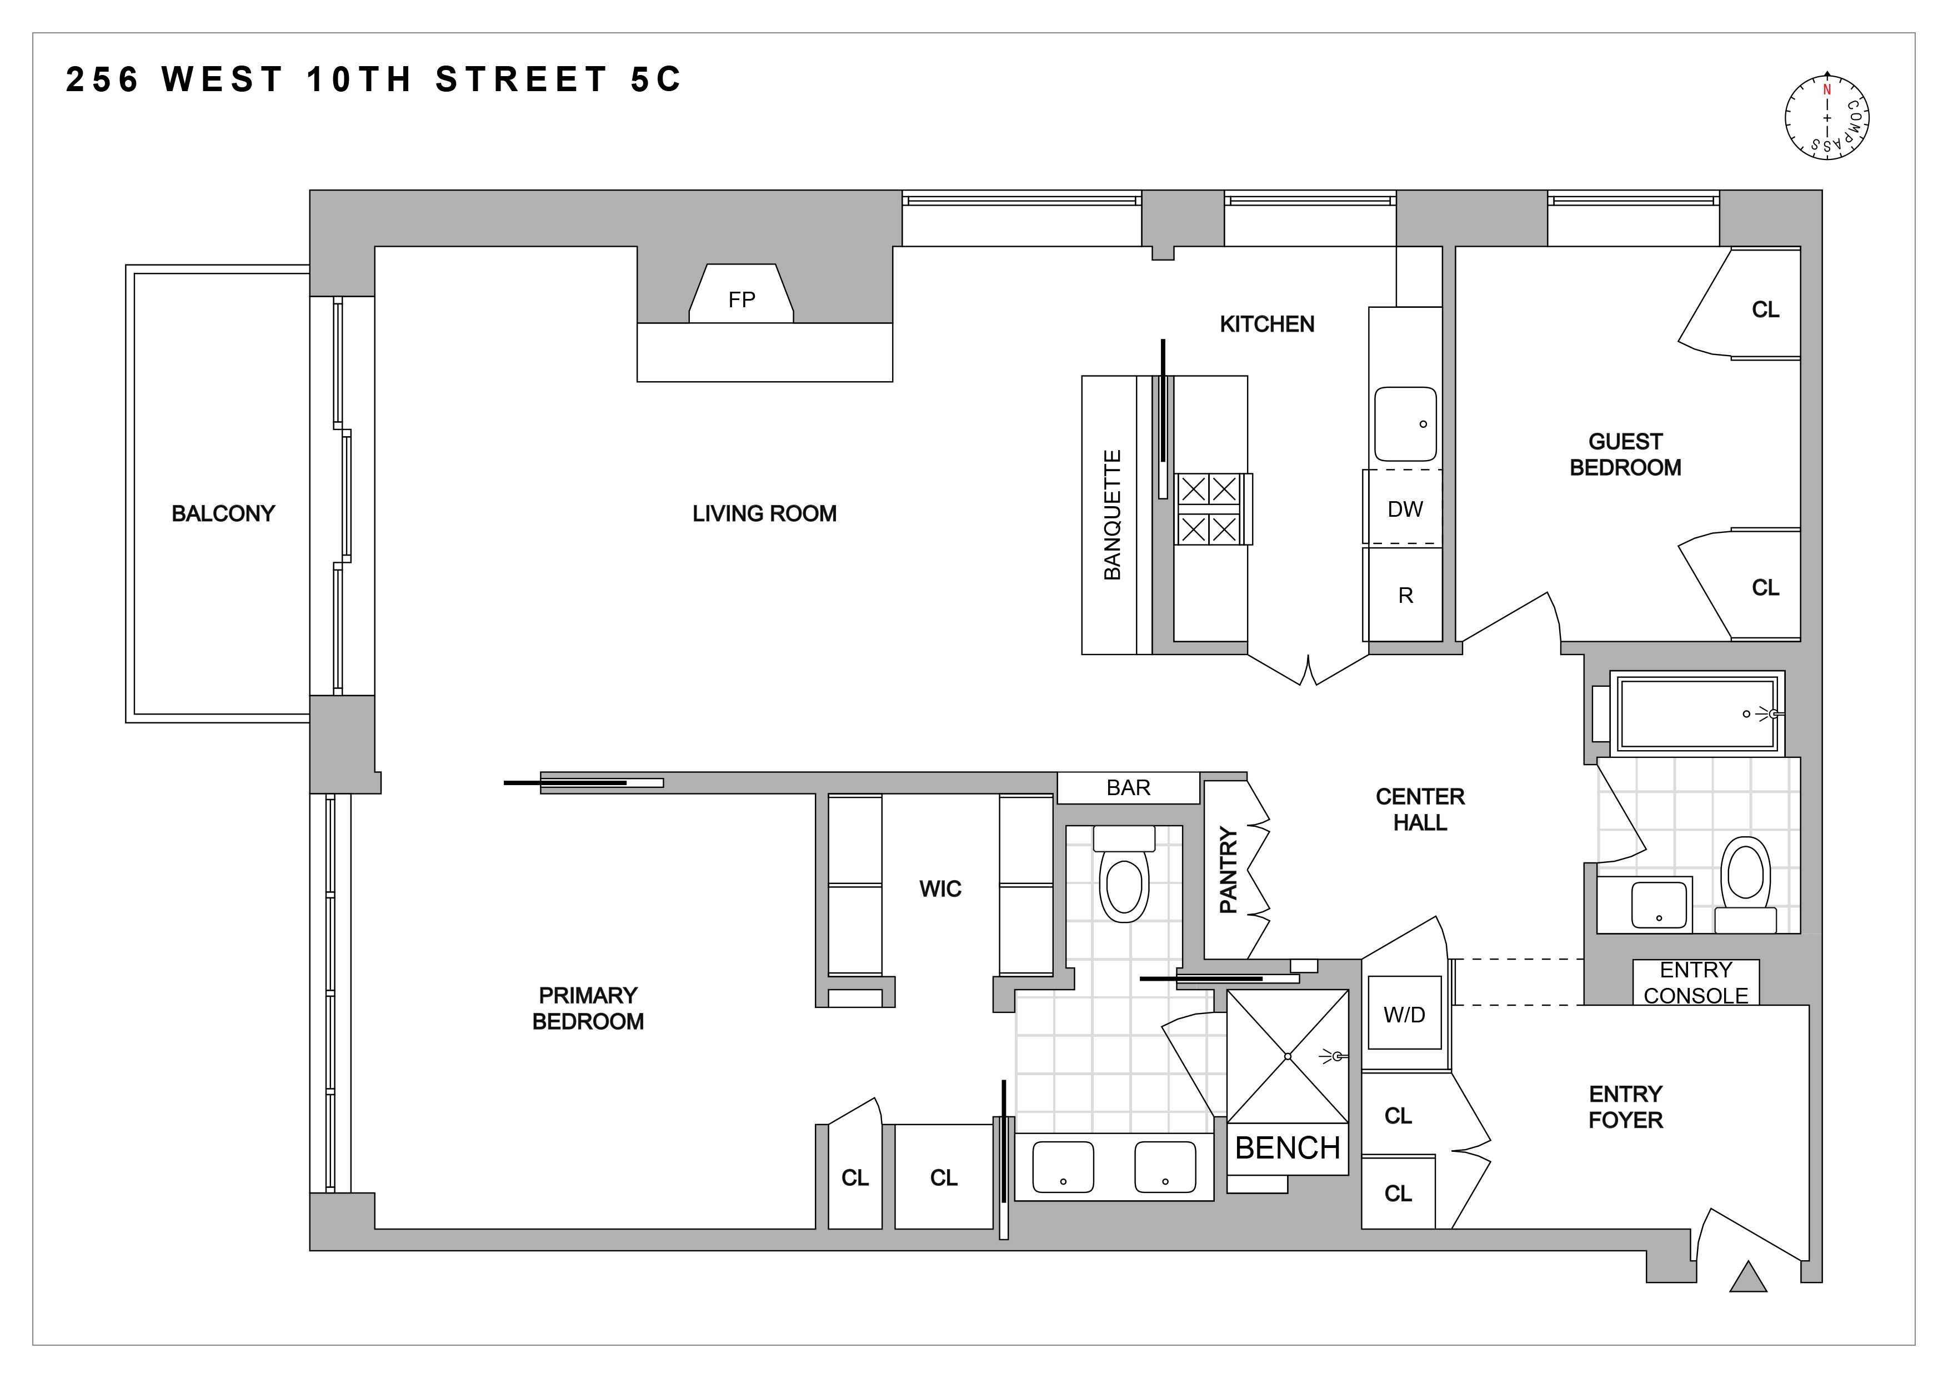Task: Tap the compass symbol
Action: pyautogui.click(x=1827, y=118)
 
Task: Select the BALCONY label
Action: pyautogui.click(x=223, y=513)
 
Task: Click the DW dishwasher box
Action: pyautogui.click(x=1404, y=508)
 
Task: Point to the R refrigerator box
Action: pyautogui.click(x=1405, y=596)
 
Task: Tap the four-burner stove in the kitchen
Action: pyautogui.click(x=1209, y=509)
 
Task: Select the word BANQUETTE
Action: pyautogui.click(x=1111, y=515)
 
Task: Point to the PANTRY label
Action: pyautogui.click(x=1228, y=870)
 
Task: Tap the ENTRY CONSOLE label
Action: pyautogui.click(x=1695, y=982)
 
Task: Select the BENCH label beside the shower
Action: pyautogui.click(x=1287, y=1148)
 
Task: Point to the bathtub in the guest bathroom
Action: pyautogui.click(x=1697, y=713)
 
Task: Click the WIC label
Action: pyautogui.click(x=940, y=888)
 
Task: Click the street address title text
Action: pyautogui.click(x=373, y=80)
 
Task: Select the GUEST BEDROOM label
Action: pyautogui.click(x=1625, y=455)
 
